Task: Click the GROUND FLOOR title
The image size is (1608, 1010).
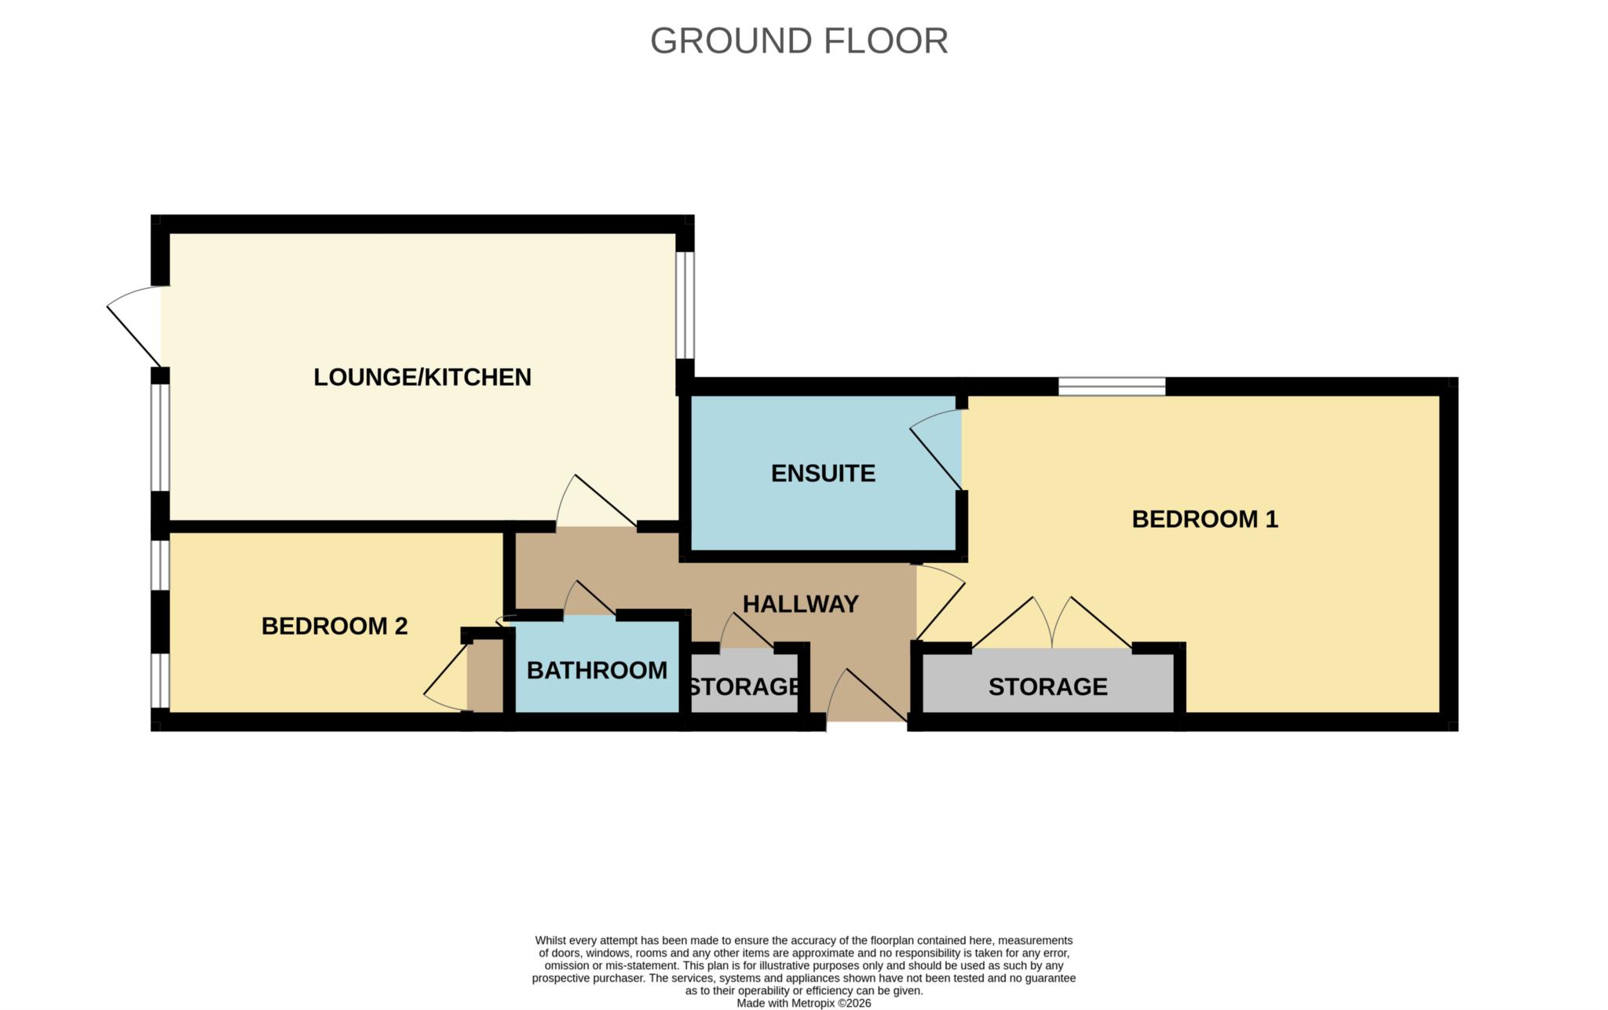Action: click(799, 41)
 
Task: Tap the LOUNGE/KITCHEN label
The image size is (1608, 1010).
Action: click(422, 377)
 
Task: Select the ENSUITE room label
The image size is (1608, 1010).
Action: click(823, 473)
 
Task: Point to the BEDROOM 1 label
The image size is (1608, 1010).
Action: click(1204, 519)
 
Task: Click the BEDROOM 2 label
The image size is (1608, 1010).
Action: click(334, 626)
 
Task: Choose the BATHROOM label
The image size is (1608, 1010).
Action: click(597, 670)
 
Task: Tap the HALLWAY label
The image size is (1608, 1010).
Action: click(800, 604)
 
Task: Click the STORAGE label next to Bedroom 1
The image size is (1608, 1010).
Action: click(1047, 686)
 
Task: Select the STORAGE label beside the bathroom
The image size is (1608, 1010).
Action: click(744, 686)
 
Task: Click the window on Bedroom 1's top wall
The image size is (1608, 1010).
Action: click(1111, 386)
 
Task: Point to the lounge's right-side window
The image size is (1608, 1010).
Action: click(685, 305)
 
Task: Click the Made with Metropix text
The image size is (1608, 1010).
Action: click(803, 1003)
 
